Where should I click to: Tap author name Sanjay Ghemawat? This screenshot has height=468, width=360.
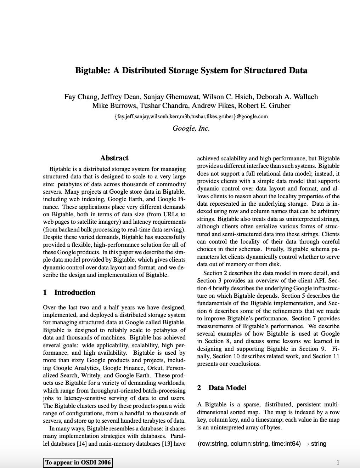coord(167,97)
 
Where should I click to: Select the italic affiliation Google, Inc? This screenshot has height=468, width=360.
coord(191,128)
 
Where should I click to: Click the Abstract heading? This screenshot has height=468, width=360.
coord(114,158)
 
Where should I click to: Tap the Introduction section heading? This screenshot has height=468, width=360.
coord(74,292)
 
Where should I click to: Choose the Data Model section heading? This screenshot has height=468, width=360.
coord(227,388)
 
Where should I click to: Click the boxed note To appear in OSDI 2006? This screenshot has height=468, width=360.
coord(78,462)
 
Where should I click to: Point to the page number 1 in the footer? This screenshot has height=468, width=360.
coord(338,462)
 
